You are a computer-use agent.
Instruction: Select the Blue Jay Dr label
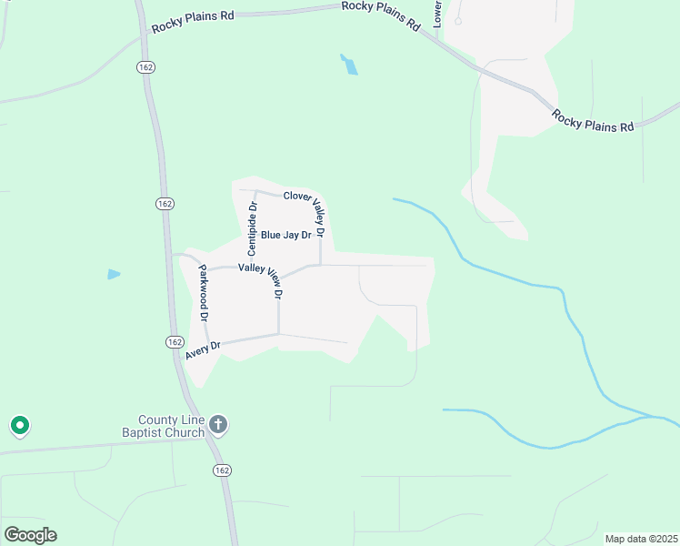click(285, 235)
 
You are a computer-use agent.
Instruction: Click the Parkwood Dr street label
click(204, 293)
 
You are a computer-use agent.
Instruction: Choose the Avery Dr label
click(203, 350)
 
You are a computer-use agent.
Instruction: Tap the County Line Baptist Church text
click(165, 426)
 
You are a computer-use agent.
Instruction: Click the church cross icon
click(217, 424)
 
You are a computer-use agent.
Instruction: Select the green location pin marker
click(19, 425)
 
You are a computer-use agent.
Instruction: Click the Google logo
click(30, 535)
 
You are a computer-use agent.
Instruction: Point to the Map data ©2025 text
click(640, 539)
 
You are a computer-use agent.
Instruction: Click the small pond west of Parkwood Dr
click(114, 274)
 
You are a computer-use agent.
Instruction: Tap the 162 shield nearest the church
click(223, 470)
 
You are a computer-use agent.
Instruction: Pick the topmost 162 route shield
click(145, 66)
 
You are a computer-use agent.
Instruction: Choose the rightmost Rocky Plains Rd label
click(593, 120)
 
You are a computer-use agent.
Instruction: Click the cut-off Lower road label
click(437, 13)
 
